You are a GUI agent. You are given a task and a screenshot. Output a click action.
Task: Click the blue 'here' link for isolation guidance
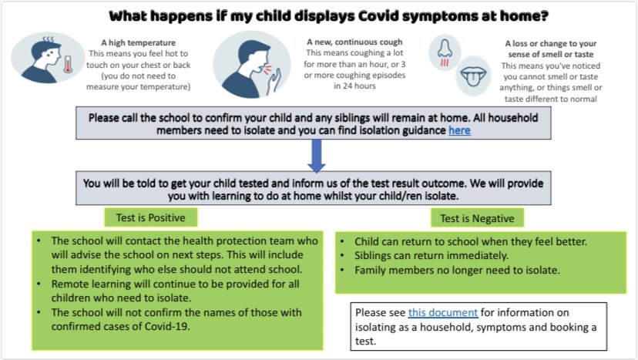pos(460,131)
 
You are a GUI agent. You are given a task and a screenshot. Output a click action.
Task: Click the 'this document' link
pos(443,313)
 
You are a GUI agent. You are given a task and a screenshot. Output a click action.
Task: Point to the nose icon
pos(445,52)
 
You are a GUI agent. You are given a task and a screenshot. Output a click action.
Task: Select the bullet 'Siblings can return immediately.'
pos(425,256)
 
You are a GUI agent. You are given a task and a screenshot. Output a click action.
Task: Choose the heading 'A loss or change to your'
pos(550,44)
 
